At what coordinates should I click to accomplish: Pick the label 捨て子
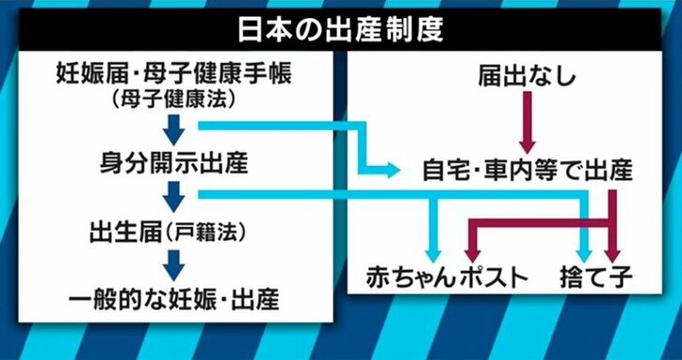603,277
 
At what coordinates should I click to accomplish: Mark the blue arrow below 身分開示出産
174,196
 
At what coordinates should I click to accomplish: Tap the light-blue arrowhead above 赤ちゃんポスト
433,254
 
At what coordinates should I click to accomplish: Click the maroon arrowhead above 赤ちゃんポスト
473,253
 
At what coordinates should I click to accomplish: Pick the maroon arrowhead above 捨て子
613,253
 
